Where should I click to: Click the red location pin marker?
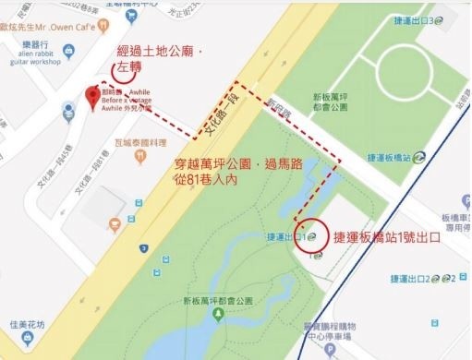coord(91,96)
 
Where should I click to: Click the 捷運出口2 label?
coord(431,276)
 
